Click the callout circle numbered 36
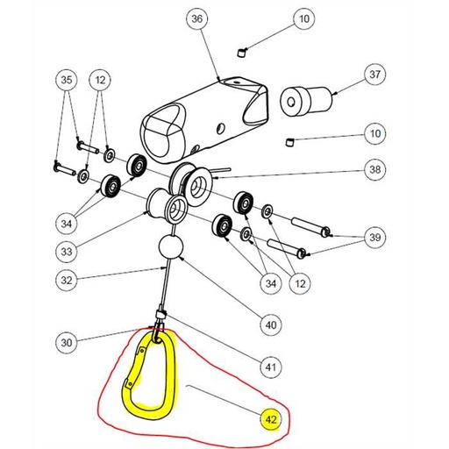pos(196,19)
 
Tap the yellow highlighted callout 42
pos(272,422)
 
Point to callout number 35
pos(66,81)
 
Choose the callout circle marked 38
pos(375,169)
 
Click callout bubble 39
pos(375,239)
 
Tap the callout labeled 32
pos(66,282)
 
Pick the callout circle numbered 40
pos(272,324)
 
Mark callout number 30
pos(66,341)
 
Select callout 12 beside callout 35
pos(101,81)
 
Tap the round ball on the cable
pos(171,247)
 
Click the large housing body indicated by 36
pos(202,114)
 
